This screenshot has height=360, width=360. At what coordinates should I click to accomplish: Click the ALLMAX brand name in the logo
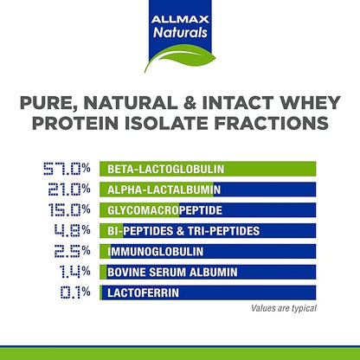179,16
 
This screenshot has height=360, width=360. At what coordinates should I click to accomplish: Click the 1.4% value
68,272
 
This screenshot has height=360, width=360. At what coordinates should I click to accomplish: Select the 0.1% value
70,292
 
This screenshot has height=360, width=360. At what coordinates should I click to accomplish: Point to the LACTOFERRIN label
142,292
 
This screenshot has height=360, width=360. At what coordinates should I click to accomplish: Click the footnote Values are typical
283,308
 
